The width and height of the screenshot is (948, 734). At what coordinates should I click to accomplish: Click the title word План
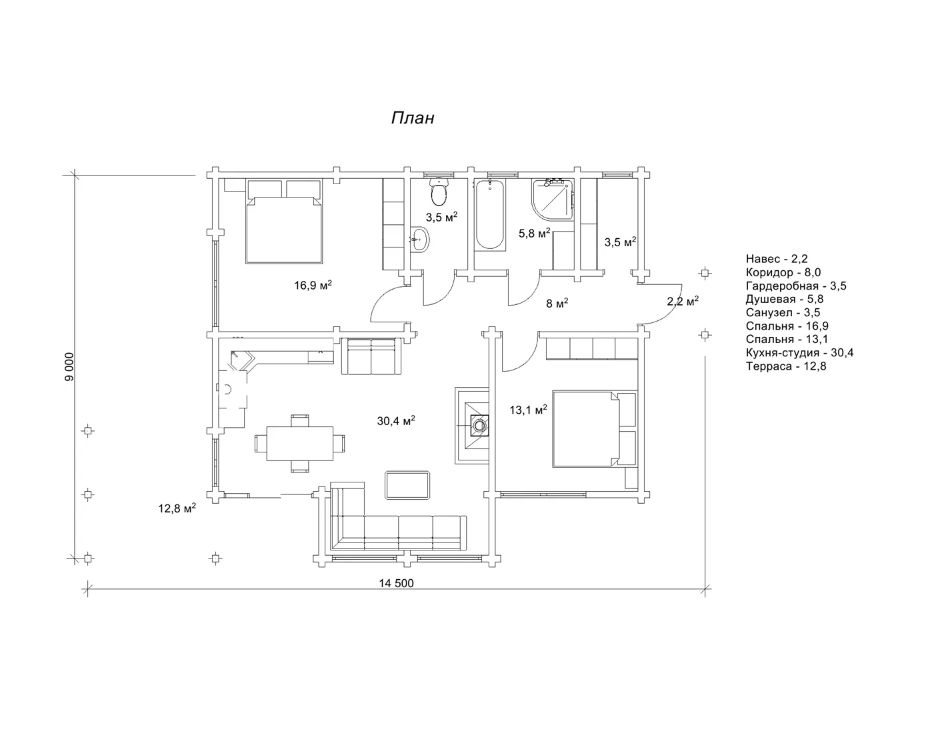412,118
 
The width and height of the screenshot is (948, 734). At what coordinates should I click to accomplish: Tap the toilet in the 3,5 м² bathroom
439,192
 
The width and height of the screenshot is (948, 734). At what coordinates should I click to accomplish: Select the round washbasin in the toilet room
420,240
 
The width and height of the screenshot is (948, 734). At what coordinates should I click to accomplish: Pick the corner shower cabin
552,199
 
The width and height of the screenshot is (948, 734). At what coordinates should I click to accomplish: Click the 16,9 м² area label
313,285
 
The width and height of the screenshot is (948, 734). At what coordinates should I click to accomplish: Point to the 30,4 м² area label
396,420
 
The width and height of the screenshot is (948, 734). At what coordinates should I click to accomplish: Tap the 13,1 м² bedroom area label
528,410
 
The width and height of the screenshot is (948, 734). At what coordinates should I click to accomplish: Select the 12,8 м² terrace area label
177,508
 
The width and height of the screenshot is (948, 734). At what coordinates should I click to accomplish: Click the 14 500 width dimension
396,583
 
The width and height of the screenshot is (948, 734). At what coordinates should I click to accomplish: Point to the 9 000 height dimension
69,366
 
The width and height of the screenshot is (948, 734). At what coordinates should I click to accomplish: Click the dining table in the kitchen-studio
300,444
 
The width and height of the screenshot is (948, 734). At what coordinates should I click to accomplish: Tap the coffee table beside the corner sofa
407,484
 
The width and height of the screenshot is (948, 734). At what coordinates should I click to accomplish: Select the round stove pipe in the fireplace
479,424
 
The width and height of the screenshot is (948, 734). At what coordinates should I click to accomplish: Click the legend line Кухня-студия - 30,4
800,352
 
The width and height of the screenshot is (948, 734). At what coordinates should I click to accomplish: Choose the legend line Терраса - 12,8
786,366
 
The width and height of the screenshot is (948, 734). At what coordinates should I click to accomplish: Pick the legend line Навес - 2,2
777,258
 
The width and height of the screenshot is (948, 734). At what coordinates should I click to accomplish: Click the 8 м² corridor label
557,302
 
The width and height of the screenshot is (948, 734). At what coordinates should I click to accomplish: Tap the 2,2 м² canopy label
683,301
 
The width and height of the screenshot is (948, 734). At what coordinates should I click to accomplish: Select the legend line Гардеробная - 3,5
796,286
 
